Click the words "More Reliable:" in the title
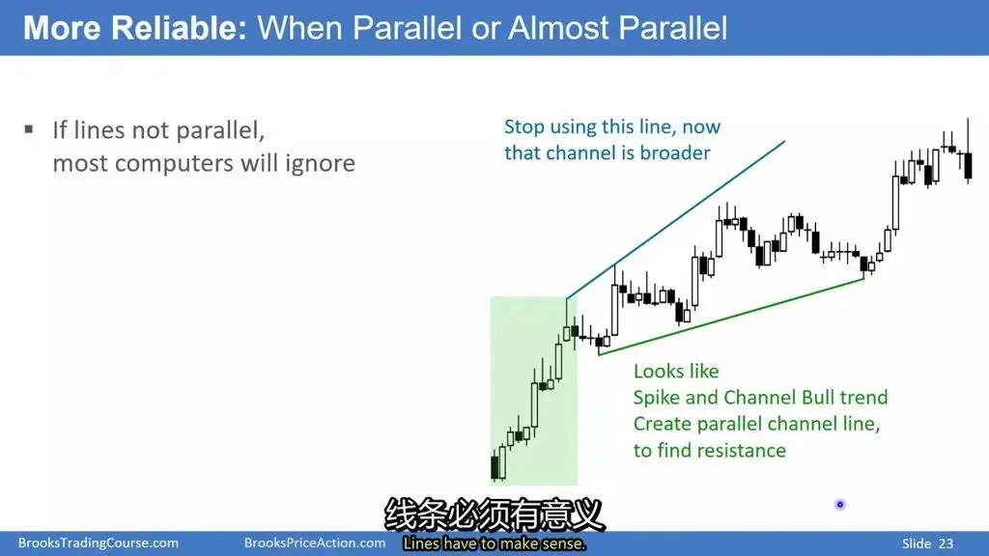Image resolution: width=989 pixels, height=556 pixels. tap(135, 28)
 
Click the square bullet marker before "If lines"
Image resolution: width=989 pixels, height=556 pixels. tap(29, 130)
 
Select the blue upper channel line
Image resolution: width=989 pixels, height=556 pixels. tap(675, 220)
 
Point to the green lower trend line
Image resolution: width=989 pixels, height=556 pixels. tap(731, 317)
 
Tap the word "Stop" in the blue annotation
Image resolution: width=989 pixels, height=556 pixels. tap(524, 127)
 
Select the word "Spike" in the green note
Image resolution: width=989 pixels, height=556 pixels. tap(657, 398)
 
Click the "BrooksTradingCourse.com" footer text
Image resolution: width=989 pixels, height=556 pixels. tap(99, 542)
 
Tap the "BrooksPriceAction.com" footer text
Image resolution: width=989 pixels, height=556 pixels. tap(315, 542)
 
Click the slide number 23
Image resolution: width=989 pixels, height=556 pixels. tap(947, 543)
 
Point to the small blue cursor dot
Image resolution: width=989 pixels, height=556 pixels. tap(839, 504)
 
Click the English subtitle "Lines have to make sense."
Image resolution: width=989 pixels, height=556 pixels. tap(494, 543)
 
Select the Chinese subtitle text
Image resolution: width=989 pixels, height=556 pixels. tap(494, 515)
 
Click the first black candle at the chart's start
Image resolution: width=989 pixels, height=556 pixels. tap(495, 467)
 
